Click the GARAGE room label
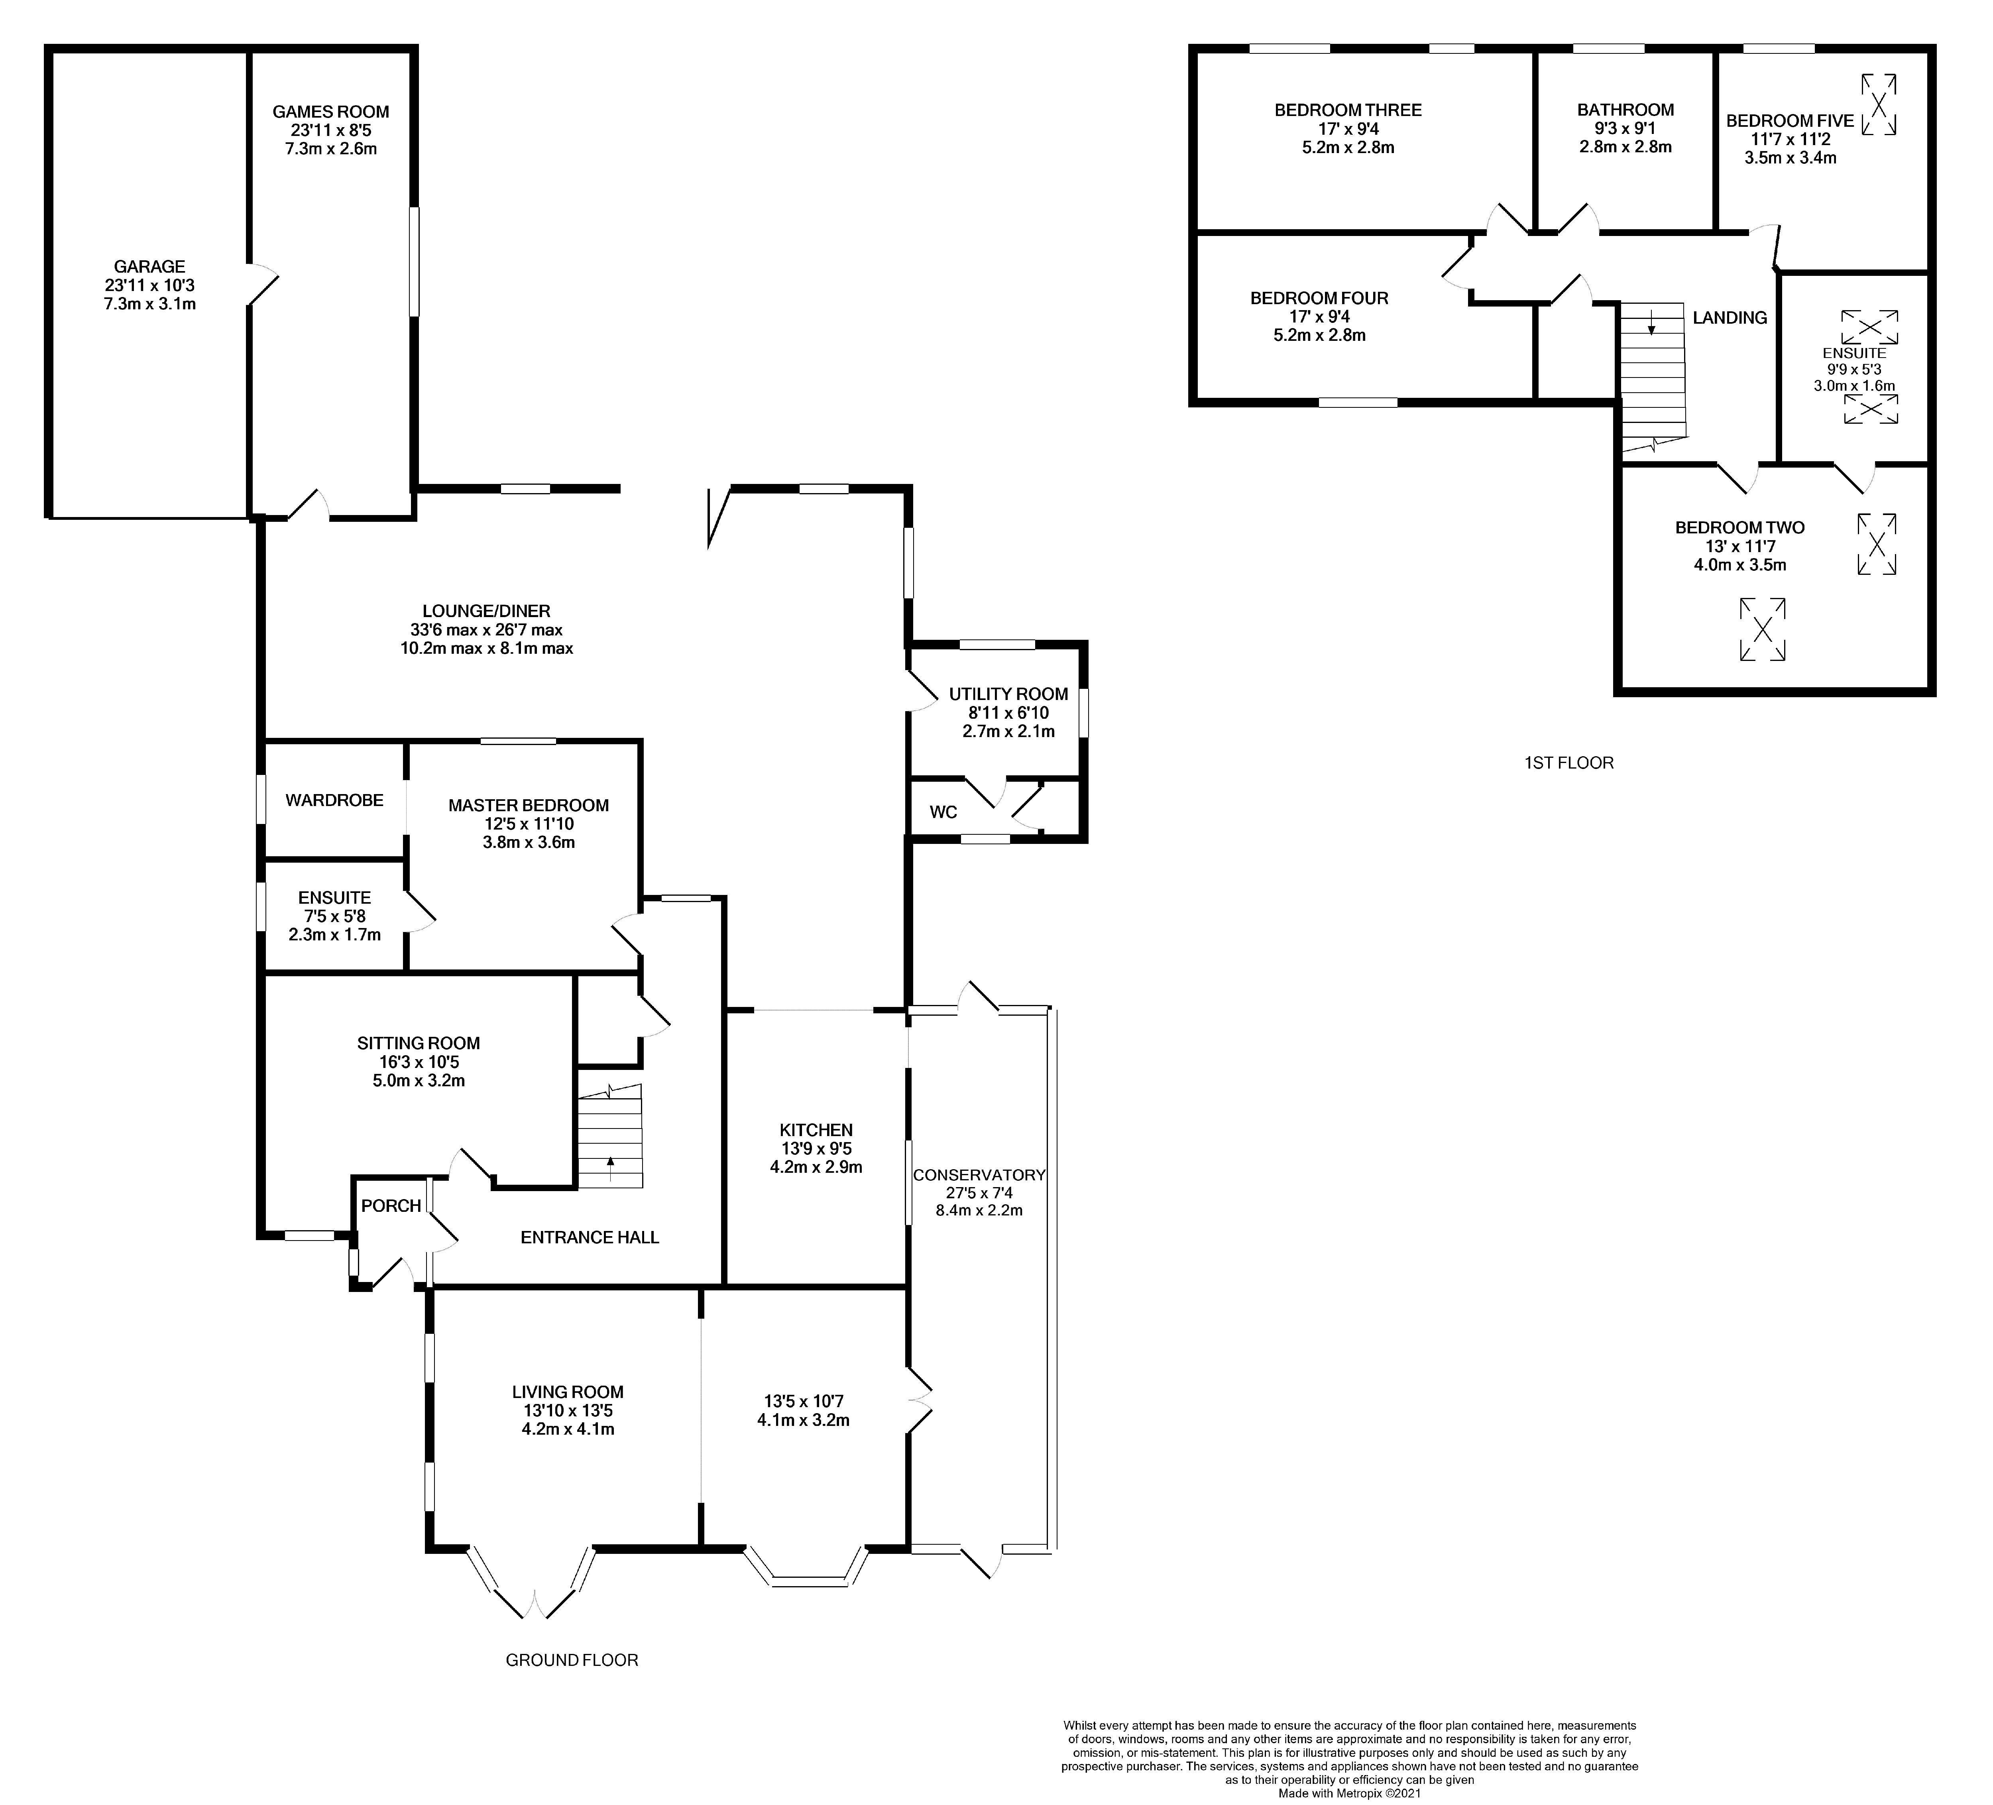(x=149, y=267)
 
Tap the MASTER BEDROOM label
(x=528, y=806)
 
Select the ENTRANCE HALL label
(x=589, y=1238)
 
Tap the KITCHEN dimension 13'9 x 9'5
(x=816, y=1148)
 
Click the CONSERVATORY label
(x=979, y=1175)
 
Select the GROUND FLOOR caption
(x=572, y=1659)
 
